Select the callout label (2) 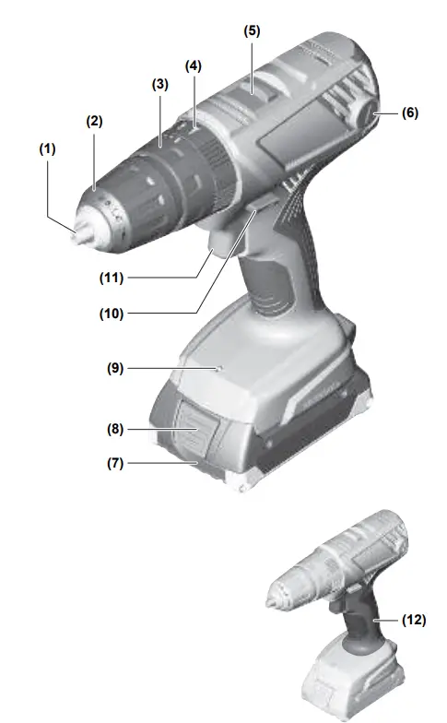[x=93, y=120]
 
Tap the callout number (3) [x=159, y=84]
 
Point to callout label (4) [x=193, y=65]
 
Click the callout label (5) [x=252, y=30]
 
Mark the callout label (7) [x=113, y=463]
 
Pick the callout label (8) [x=113, y=429]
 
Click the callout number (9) [x=113, y=368]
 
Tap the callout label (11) [x=113, y=277]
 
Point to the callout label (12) [x=414, y=620]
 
